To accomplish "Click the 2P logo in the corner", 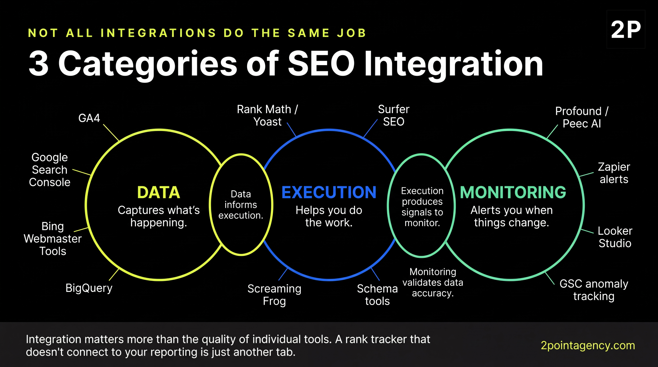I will [x=626, y=30].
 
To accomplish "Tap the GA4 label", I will [x=89, y=118].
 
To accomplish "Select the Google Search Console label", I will [x=50, y=170].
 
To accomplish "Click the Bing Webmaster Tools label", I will [x=53, y=239].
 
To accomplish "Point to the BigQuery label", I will [x=89, y=288].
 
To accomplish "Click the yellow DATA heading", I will [x=158, y=192].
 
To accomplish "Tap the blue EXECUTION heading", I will [x=329, y=192].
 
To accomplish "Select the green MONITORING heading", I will [x=513, y=192].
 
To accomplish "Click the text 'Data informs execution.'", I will [x=241, y=205].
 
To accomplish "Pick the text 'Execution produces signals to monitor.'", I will [x=422, y=206].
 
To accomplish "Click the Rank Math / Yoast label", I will [x=267, y=116].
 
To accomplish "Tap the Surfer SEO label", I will [x=394, y=116].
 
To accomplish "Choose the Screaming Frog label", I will [x=274, y=295].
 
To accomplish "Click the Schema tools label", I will [x=377, y=295].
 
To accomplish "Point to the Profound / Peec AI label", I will [x=582, y=117].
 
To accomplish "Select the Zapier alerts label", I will [x=614, y=173].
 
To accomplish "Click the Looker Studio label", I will [x=615, y=237].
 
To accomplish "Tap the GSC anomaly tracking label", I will [x=594, y=290].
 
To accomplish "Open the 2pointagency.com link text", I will [x=588, y=345].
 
